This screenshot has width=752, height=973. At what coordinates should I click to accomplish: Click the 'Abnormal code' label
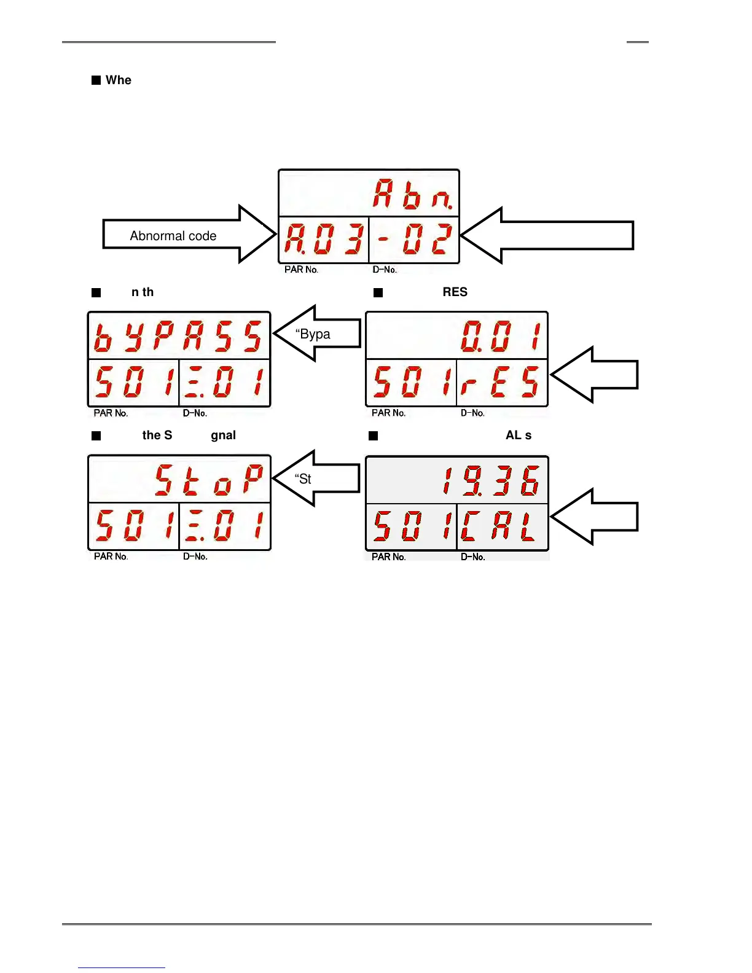coord(173,236)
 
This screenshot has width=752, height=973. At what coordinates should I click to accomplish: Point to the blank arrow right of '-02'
coord(547,235)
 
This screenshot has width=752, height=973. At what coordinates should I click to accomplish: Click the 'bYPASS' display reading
coord(178,337)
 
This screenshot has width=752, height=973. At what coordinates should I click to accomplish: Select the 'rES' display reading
coord(501,382)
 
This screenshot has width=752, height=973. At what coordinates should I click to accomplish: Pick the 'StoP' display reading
coord(209,480)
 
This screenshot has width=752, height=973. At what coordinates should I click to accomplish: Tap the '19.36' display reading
coord(491,481)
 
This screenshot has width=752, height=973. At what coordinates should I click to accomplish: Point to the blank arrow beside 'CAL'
coord(594,517)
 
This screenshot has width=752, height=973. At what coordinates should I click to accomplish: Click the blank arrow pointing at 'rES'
coord(594,375)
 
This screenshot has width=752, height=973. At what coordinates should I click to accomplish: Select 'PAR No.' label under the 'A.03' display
coord(301,270)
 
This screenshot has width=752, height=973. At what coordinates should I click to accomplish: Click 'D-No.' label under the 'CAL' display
coord(473,557)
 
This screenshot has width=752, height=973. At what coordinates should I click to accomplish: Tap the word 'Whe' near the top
coord(119,80)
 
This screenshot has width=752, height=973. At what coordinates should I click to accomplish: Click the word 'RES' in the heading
coord(455,292)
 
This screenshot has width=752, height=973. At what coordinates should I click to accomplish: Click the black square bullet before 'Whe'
coord(96,80)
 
